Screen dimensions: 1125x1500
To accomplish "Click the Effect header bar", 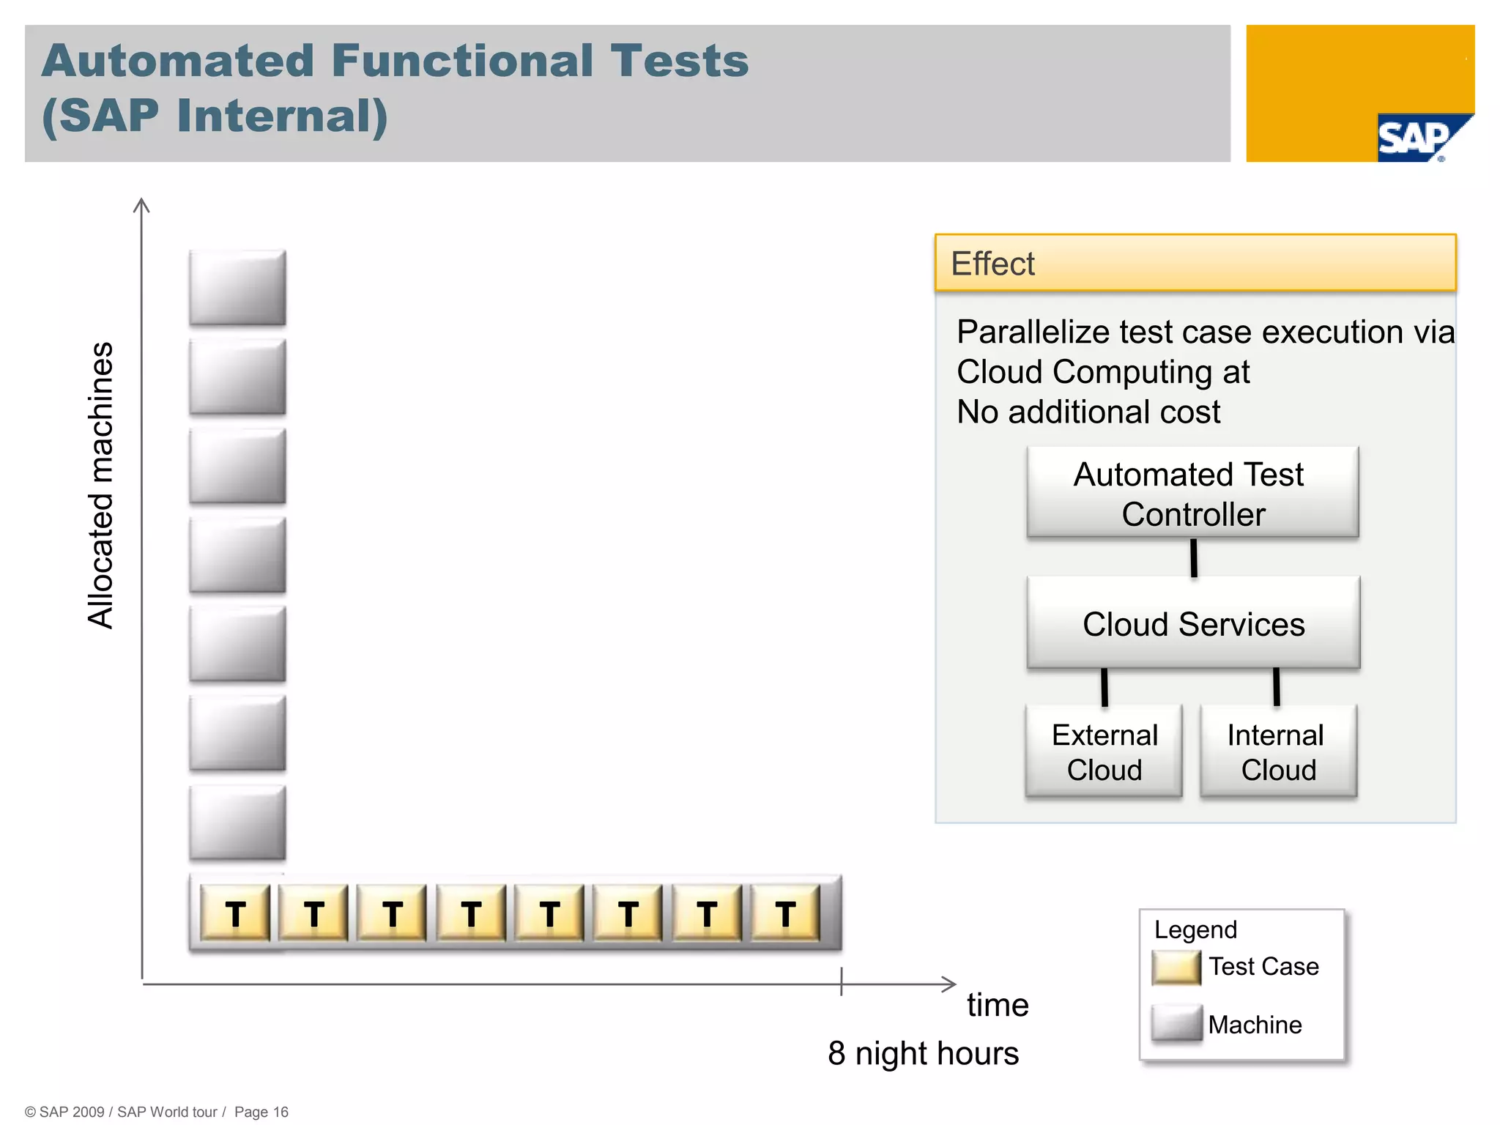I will [1195, 263].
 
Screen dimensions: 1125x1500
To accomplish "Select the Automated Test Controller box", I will [1192, 493].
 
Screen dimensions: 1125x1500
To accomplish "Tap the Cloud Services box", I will [1193, 623].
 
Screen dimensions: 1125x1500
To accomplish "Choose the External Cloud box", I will [1104, 751].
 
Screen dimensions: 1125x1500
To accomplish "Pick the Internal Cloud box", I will [1278, 751].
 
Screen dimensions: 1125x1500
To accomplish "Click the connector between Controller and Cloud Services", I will [1194, 558].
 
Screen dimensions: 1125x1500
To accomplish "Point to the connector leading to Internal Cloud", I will [1277, 687].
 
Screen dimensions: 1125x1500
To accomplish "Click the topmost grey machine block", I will [237, 288].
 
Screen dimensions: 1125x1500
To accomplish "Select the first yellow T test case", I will [235, 913].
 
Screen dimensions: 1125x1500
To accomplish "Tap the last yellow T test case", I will [785, 913].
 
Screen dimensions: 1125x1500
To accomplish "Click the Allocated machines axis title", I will [101, 485].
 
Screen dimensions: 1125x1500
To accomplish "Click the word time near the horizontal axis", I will [998, 1005].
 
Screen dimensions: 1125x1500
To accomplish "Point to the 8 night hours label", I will [923, 1053].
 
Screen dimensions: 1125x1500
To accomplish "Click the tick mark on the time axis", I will [842, 981].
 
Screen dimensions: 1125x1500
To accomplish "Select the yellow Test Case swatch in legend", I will [1176, 968].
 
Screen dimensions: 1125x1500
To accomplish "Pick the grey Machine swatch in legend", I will [1176, 1023].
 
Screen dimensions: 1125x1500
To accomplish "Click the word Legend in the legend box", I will [1195, 929].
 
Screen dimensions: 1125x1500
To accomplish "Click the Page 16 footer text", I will [261, 1112].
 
